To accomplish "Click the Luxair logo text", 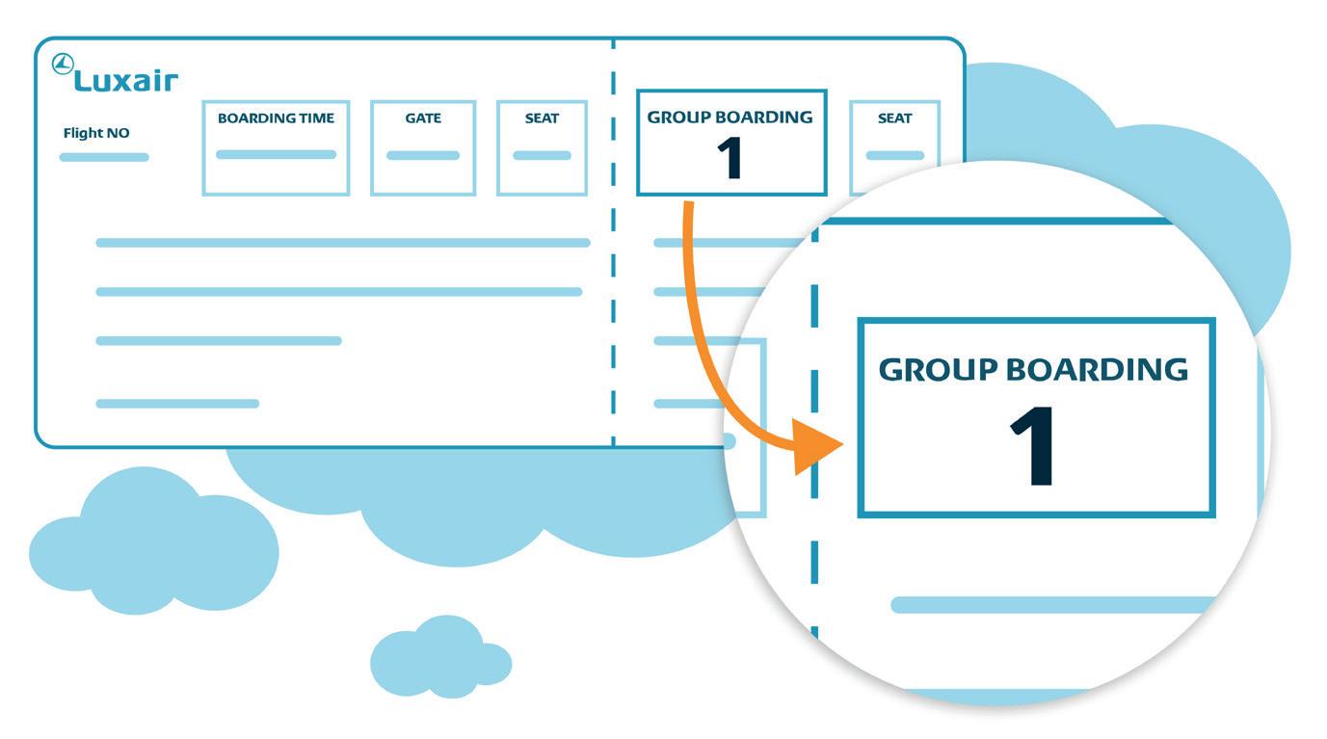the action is point(126,82).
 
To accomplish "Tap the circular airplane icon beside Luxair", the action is point(63,65).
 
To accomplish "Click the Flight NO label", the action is point(96,133).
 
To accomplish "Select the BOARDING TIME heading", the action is point(276,119).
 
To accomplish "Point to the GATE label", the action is point(423,119).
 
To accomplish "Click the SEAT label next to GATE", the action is point(542,119).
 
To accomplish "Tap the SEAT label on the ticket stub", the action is point(894,119).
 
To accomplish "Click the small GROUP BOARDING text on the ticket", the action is point(730,118).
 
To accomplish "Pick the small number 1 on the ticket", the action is point(730,160).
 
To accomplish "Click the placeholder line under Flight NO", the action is point(104,157).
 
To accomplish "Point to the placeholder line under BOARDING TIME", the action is point(276,154).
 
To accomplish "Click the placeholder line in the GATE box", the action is point(423,155).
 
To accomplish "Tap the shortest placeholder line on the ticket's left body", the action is point(177,404).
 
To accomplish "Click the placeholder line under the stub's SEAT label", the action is point(894,155).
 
